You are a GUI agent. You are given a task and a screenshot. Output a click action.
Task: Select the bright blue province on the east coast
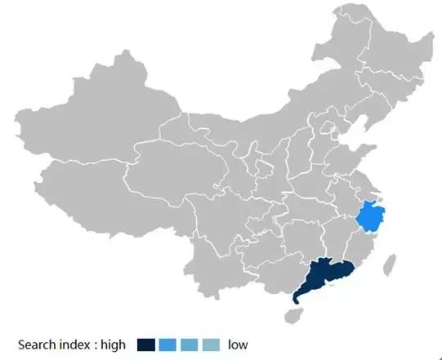[372, 216]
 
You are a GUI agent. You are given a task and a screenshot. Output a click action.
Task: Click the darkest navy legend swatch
[146, 344]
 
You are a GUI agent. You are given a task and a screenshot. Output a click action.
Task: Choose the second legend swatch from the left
[167, 344]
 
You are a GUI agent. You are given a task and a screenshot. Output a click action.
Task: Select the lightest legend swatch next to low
[211, 344]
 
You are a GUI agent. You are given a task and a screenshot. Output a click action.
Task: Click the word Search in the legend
[37, 344]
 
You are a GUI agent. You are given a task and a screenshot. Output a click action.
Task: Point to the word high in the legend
[113, 344]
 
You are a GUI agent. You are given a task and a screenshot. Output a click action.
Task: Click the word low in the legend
[238, 344]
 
